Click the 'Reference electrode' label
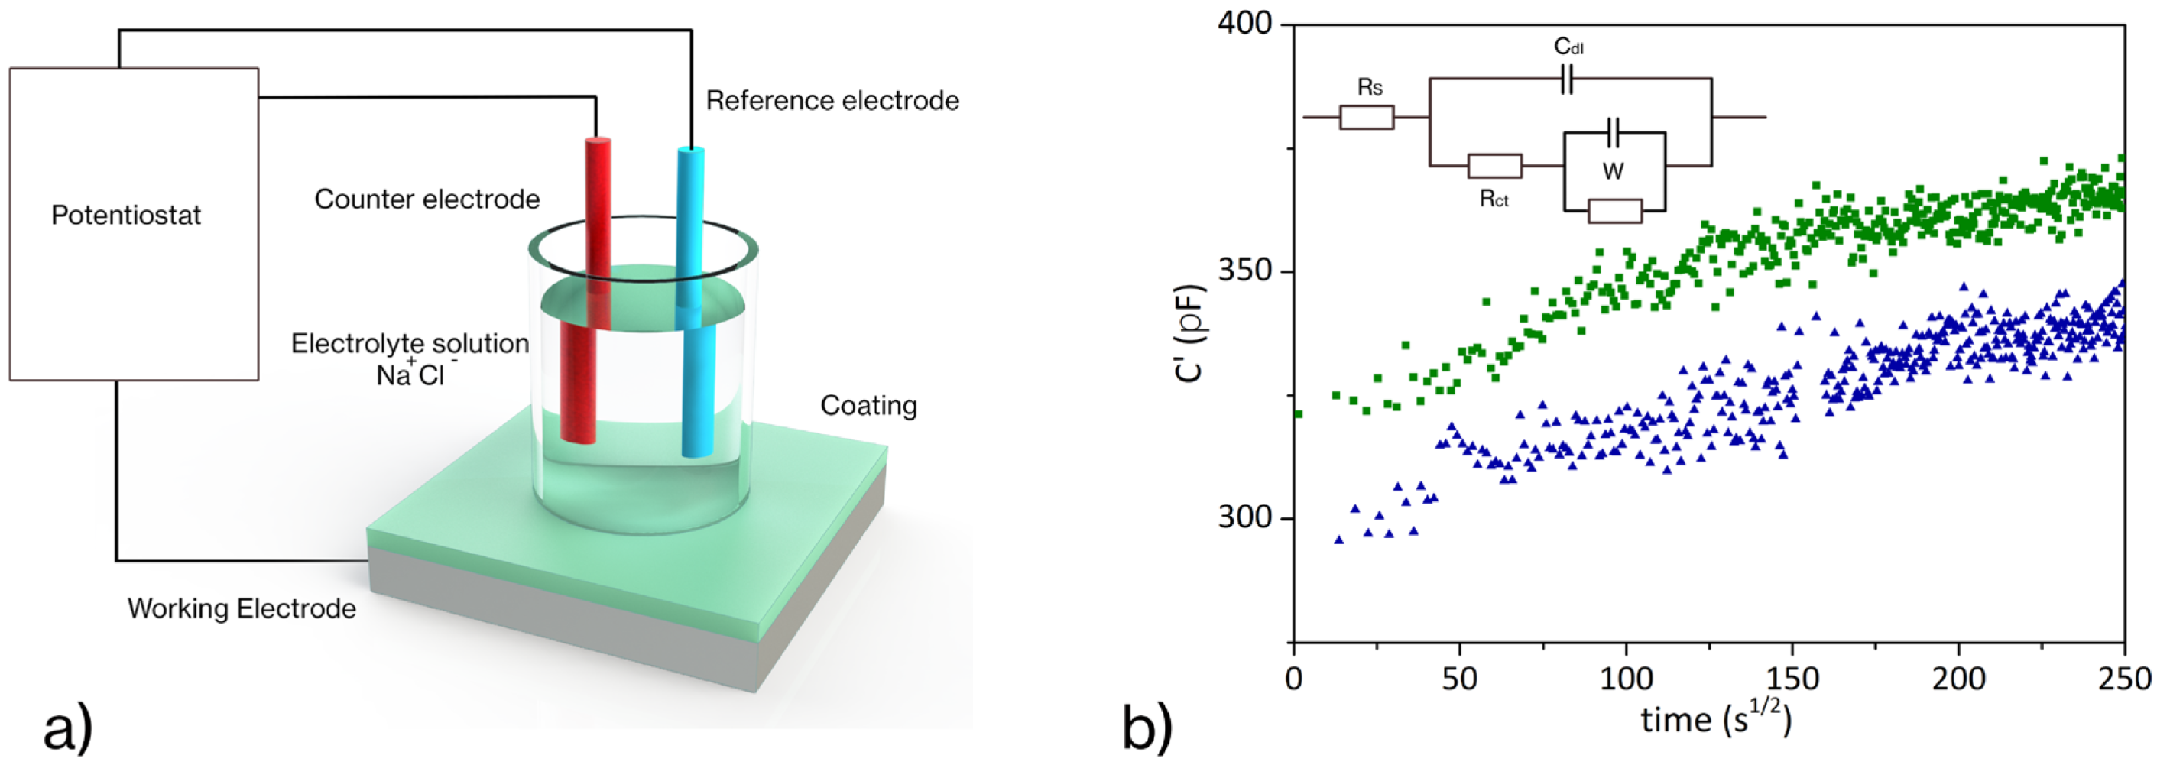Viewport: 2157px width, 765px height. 832,100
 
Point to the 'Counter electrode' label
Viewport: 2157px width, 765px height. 427,199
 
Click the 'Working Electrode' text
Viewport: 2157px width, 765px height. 242,608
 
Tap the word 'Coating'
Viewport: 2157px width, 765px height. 868,405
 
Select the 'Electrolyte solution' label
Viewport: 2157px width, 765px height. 410,344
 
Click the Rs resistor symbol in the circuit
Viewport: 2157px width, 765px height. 1367,117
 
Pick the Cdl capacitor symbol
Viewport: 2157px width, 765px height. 1568,79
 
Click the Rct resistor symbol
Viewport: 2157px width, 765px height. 1494,166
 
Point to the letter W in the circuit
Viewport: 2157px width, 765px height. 1613,172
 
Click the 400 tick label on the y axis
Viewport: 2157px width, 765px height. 1244,24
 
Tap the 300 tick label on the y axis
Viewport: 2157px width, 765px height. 1244,517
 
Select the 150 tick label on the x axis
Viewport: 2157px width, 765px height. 1792,678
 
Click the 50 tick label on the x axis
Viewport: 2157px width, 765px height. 1459,678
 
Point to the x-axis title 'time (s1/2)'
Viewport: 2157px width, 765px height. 1715,720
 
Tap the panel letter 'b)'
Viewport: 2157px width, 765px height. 1147,730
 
